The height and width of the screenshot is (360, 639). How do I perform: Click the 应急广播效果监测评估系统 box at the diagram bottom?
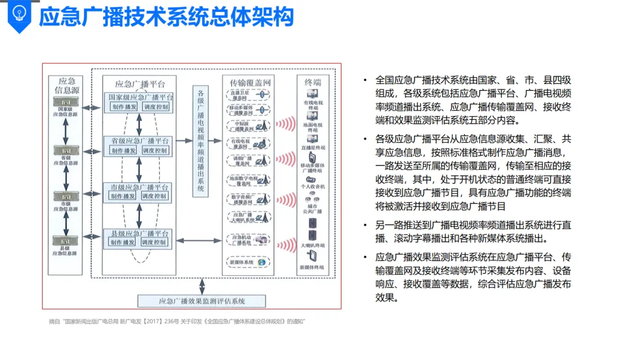coord(202,301)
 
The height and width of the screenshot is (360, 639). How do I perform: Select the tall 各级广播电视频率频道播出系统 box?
coord(201,140)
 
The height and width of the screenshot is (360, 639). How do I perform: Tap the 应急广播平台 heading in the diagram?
coord(140,83)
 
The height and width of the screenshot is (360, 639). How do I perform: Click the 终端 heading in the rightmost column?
coord(312,82)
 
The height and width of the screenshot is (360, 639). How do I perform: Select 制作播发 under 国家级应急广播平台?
coord(124,107)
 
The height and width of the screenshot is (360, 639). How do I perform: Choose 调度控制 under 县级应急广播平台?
coord(155,242)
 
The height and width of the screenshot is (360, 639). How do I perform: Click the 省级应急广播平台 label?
coord(140,141)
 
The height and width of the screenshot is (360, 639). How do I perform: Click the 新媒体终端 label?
coord(312,268)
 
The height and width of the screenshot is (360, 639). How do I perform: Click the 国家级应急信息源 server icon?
coord(65,102)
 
